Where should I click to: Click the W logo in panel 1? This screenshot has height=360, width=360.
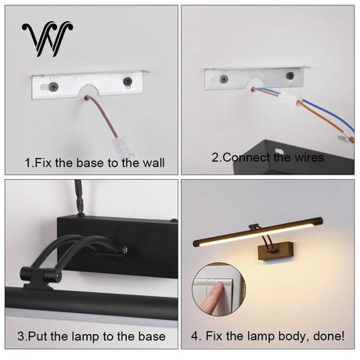click(x=47, y=39)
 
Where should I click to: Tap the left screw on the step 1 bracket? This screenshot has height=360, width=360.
click(x=54, y=85)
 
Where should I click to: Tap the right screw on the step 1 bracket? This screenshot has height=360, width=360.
click(x=128, y=81)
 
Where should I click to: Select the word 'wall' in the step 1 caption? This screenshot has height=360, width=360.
click(x=153, y=163)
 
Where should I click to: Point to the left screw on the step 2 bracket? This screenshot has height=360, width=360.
click(x=224, y=79)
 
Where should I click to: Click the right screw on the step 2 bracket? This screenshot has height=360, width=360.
click(x=290, y=76)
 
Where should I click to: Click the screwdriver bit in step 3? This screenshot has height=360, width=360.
click(x=79, y=197)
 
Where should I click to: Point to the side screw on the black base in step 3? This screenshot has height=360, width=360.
click(x=125, y=250)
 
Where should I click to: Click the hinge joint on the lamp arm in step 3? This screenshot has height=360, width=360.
click(x=41, y=276)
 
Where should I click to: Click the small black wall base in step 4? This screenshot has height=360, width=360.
click(x=276, y=250)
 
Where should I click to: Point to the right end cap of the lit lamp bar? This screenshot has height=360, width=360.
click(x=319, y=221)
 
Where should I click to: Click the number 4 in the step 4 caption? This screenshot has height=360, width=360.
click(x=195, y=336)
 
